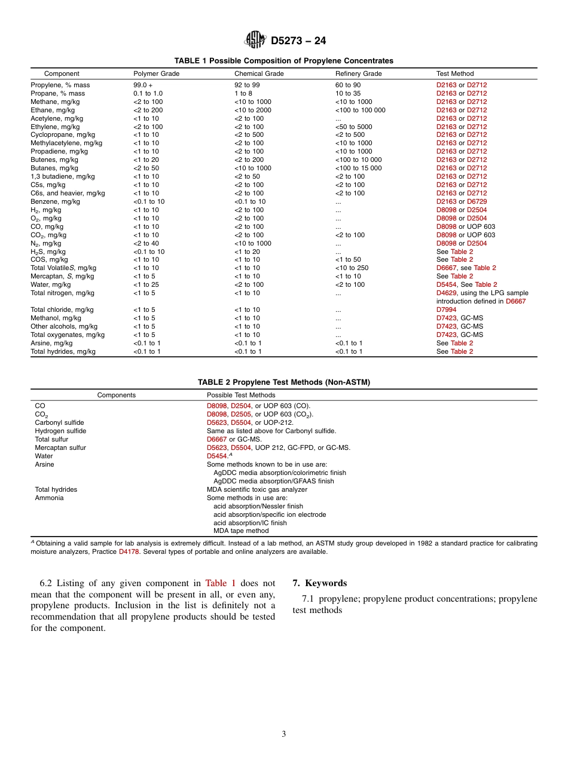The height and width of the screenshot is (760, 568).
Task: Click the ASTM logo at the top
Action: (255, 41)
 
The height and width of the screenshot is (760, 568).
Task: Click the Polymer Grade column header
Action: (156, 74)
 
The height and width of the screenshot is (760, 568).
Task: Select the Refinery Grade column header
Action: (358, 74)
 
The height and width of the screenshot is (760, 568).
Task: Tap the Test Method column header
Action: (454, 74)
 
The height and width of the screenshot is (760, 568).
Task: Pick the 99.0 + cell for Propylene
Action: (143, 85)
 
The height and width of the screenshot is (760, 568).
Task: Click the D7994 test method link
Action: (446, 310)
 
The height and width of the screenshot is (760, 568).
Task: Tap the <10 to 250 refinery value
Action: (352, 268)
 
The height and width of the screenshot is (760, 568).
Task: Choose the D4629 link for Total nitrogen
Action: (446, 293)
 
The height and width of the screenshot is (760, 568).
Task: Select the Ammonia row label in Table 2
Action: (49, 498)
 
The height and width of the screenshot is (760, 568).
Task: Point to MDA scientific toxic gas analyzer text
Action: (256, 490)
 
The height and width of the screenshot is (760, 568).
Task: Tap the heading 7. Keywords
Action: (319, 583)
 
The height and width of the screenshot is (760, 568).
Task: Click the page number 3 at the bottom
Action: (284, 734)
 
